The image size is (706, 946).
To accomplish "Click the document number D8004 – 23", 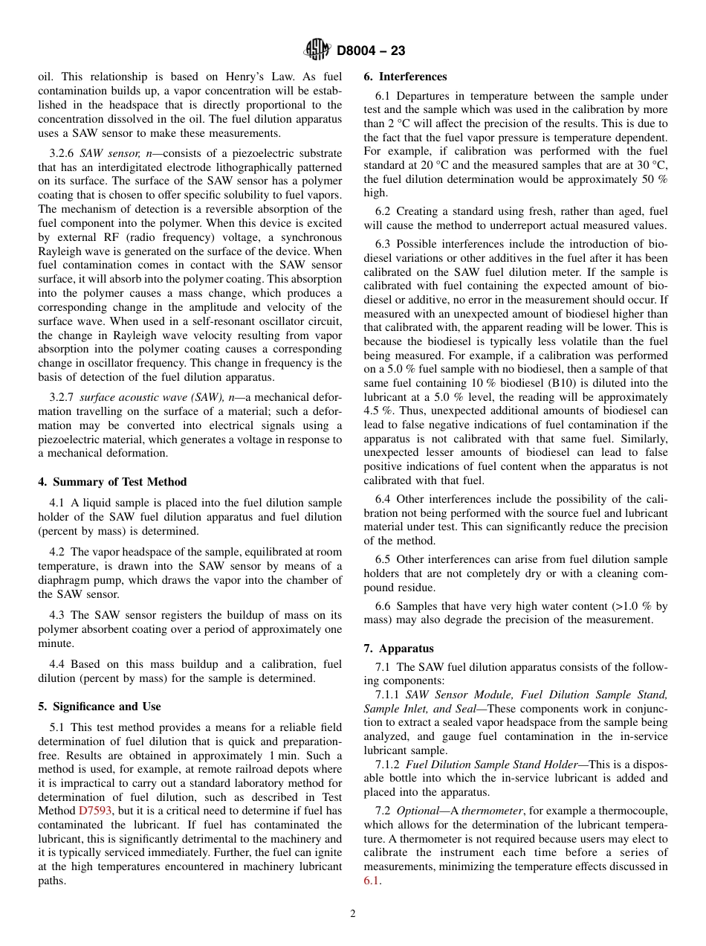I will [x=370, y=51].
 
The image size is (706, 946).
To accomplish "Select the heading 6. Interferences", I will [x=405, y=77].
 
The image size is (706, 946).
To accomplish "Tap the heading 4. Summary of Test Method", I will [x=112, y=482].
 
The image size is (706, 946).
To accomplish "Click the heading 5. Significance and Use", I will [x=99, y=707].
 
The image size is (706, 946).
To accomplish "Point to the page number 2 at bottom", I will [x=353, y=914].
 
